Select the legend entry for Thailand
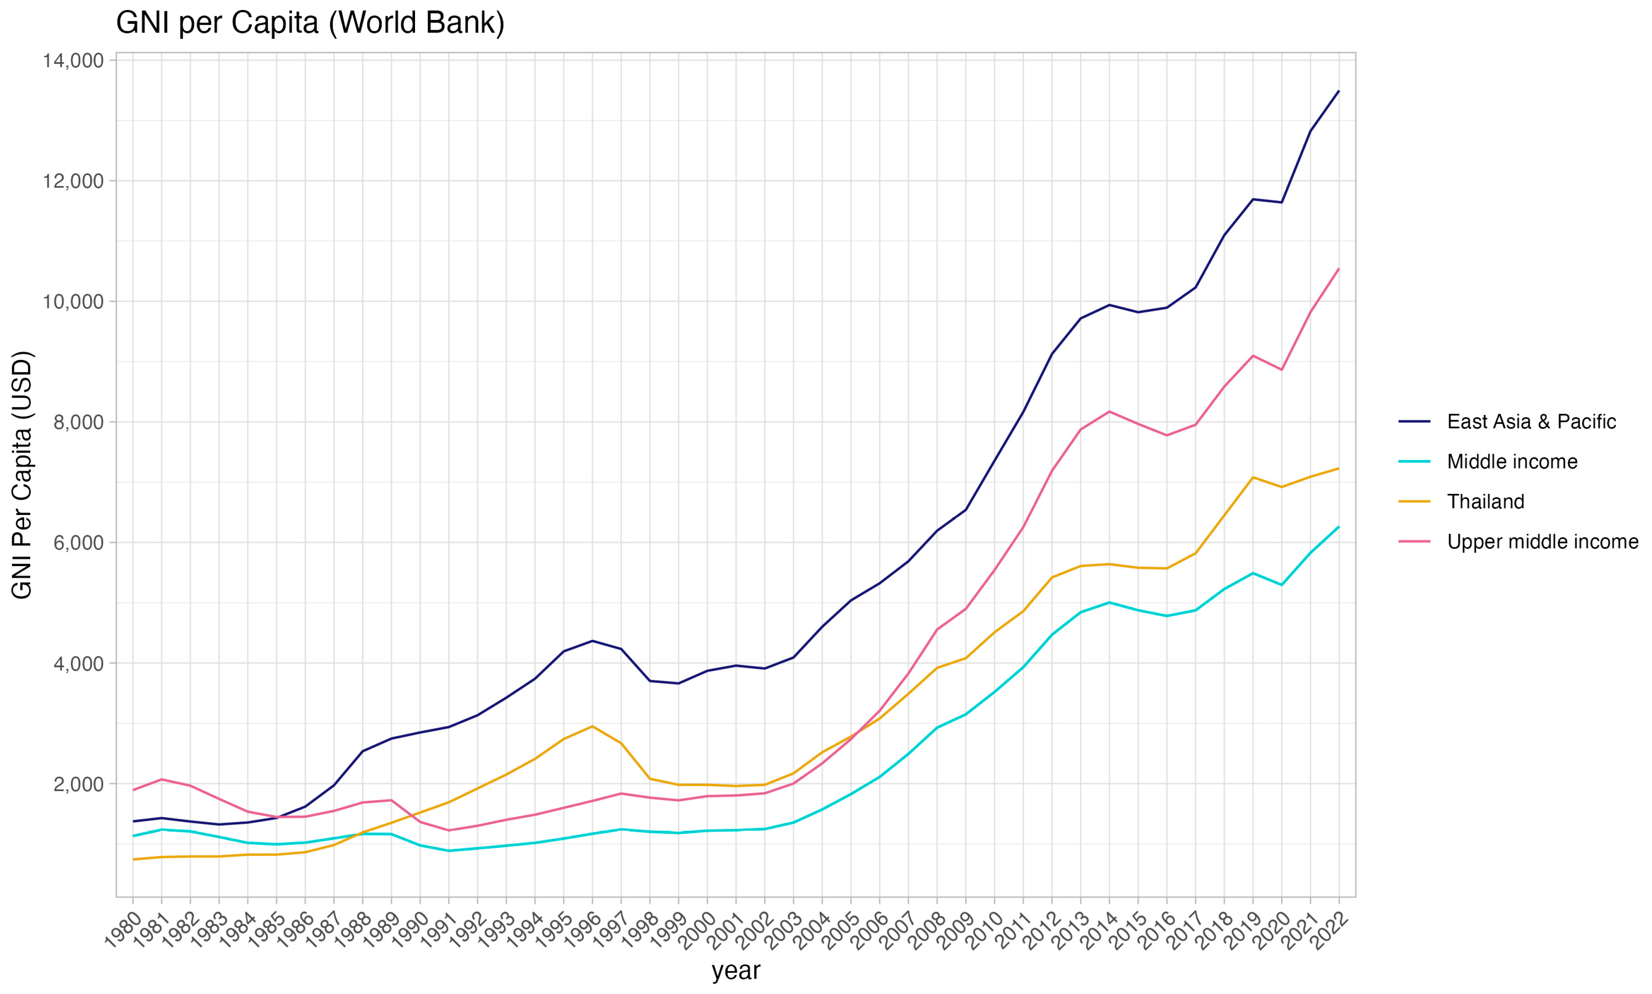(x=1485, y=502)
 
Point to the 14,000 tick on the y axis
(x=74, y=61)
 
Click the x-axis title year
(x=736, y=971)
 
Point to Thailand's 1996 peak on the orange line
(x=592, y=726)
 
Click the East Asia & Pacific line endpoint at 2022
(x=1338, y=91)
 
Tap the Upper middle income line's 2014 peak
(x=1109, y=411)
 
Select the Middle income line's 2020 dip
(x=1282, y=585)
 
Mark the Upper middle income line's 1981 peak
(x=162, y=779)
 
